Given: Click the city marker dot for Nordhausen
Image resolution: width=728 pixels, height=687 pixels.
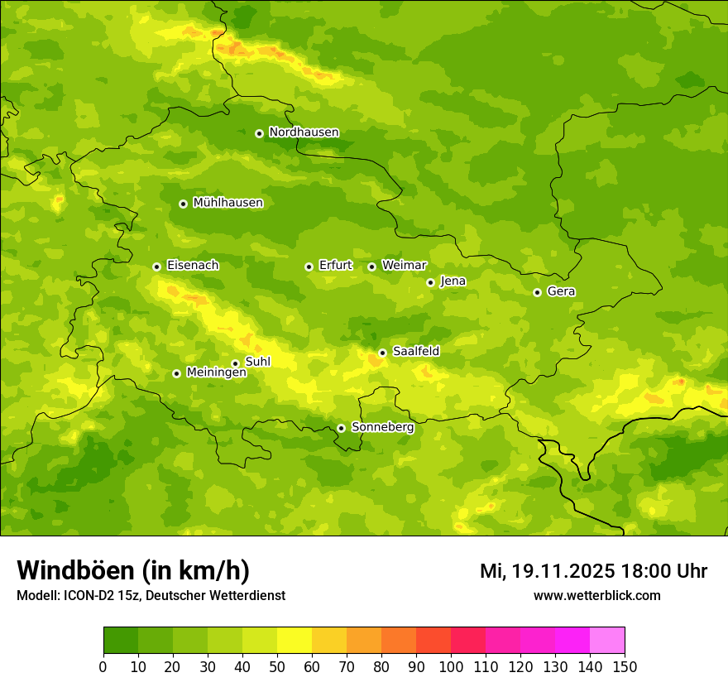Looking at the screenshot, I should [259, 133].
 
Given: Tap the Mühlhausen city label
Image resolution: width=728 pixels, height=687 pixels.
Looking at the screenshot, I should [227, 203].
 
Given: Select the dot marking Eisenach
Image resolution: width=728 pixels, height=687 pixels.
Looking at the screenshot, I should [156, 267].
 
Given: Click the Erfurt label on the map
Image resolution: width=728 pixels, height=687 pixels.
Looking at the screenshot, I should [335, 266].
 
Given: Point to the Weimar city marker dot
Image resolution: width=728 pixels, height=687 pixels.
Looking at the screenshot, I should [371, 267].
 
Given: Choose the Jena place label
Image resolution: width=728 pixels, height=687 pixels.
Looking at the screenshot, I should [453, 281].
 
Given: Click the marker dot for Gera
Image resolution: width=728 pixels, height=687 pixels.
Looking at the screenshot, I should [537, 292].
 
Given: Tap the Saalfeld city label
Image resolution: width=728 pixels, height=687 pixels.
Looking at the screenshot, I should [415, 352].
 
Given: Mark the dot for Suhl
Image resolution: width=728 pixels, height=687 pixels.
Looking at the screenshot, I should [235, 363].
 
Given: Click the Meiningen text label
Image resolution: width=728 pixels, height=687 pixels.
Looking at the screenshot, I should [216, 373].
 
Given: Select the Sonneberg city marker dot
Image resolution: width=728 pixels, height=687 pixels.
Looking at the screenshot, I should [341, 428].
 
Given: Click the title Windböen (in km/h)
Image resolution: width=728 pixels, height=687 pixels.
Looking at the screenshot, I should [132, 570].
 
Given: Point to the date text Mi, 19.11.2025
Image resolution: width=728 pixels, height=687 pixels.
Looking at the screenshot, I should [547, 571].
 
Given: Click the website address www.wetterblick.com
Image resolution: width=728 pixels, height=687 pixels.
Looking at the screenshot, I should [596, 595].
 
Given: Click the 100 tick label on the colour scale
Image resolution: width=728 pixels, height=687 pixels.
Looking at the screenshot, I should [450, 666].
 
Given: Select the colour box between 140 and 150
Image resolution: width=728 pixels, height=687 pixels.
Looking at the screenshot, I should [606, 641].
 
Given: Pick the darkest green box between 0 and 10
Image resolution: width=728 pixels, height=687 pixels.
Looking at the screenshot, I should [121, 641].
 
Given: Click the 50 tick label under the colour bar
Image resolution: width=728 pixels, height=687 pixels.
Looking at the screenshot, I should [276, 666].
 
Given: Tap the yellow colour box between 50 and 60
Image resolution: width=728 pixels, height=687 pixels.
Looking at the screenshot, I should [295, 641].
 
